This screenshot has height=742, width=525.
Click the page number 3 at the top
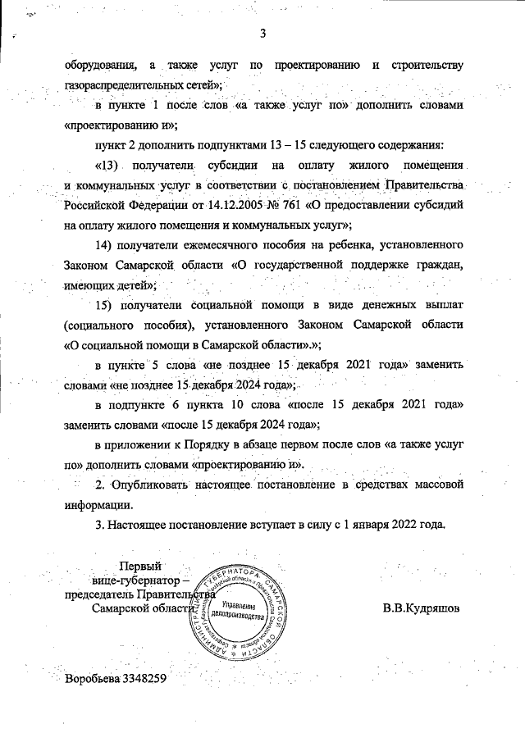(263, 34)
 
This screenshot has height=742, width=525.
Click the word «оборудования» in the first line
(98, 65)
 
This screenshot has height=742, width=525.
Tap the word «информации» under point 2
(97, 505)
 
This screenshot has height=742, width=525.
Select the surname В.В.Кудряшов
(421, 609)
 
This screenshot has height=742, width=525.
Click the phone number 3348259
(144, 679)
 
